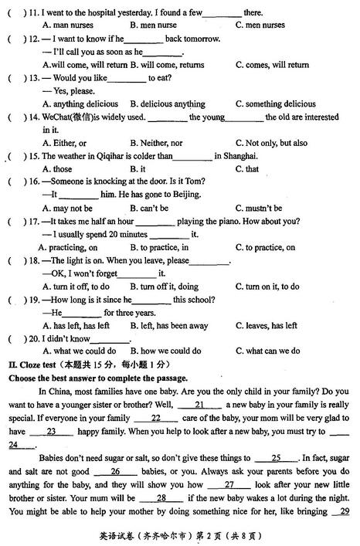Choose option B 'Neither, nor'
pos(156,143)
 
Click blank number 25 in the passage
pos(276,458)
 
